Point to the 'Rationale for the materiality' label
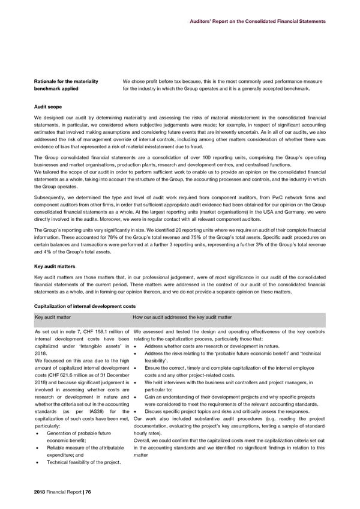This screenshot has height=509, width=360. (69, 81)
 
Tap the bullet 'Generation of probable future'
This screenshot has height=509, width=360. (79, 417)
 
